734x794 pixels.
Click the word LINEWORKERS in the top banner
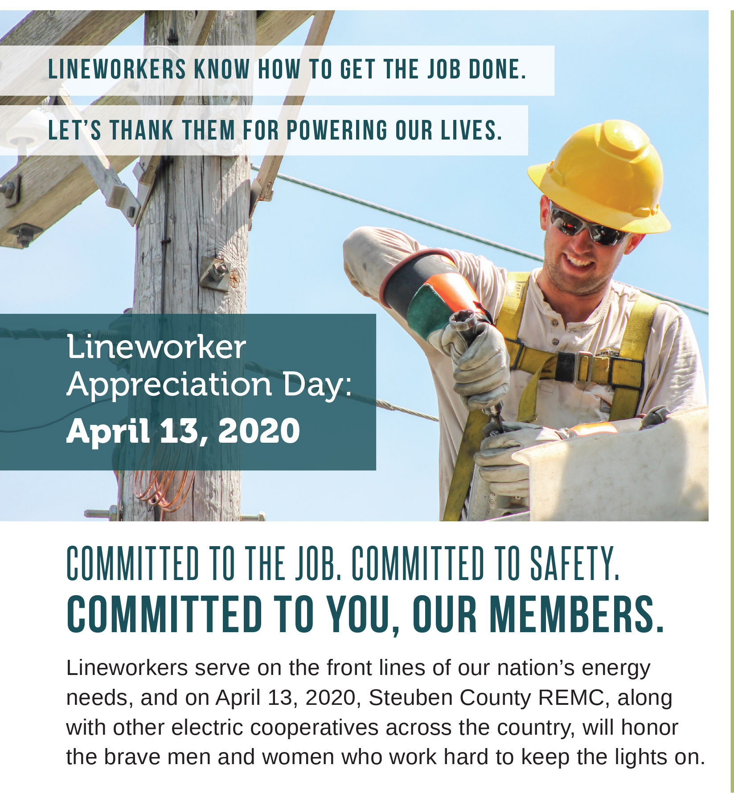(x=117, y=70)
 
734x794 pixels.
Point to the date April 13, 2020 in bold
(x=183, y=431)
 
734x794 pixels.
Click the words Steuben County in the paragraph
(x=450, y=698)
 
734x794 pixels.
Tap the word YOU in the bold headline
(x=361, y=614)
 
